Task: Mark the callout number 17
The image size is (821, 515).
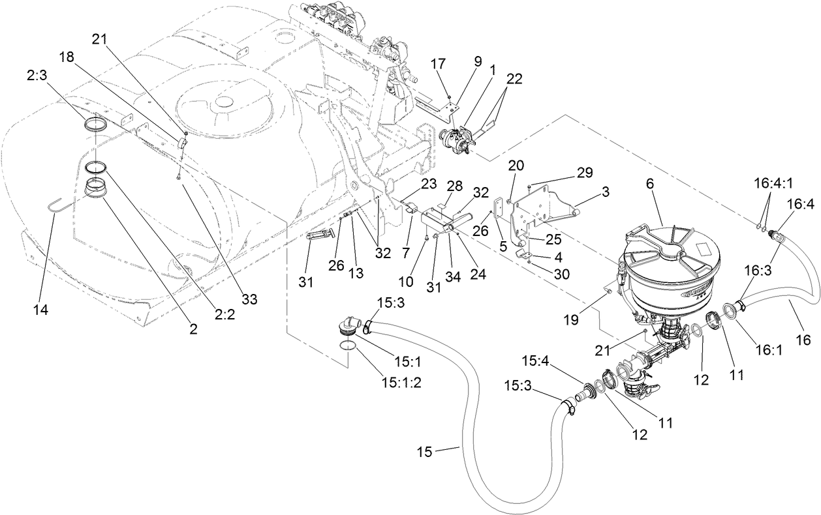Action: tap(438, 63)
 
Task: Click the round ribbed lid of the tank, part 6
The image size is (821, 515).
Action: tap(672, 244)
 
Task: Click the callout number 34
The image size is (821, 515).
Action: tap(452, 277)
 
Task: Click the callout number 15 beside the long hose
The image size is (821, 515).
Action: tap(426, 452)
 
